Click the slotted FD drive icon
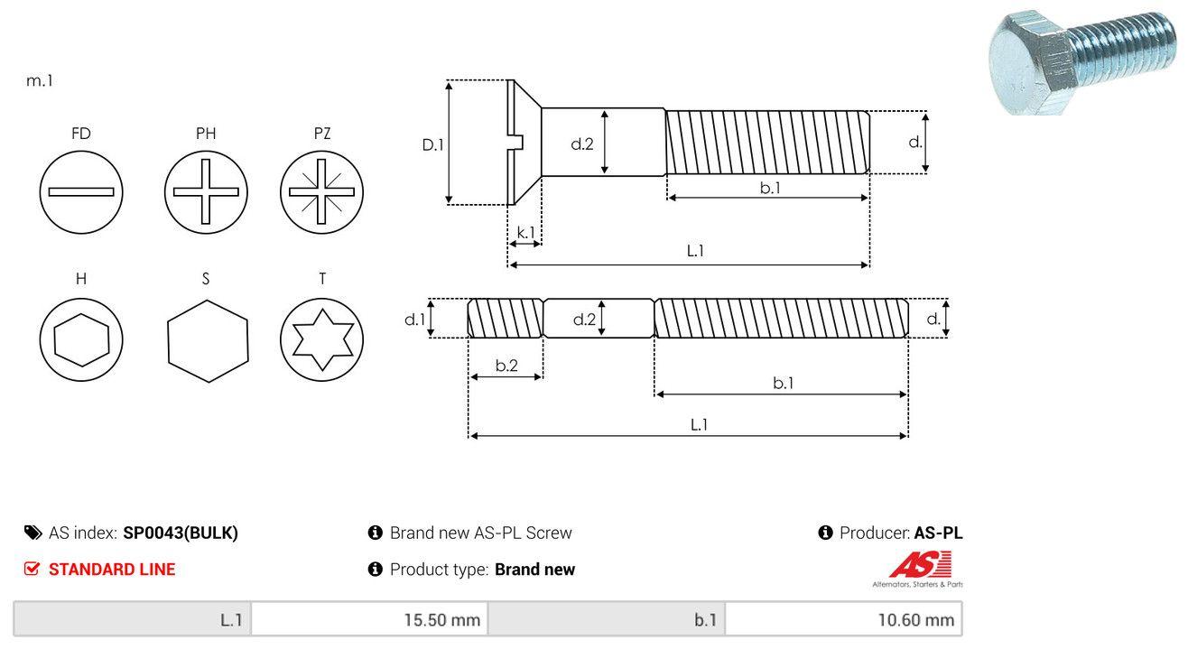coord(81,191)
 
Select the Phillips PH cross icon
coord(206,191)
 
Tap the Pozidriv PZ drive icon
coord(321,191)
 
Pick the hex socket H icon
coord(81,339)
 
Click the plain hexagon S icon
coord(207,339)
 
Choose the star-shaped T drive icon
coord(321,339)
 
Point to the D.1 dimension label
coord(433,144)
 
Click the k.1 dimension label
coord(524,232)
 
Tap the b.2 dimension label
coord(506,366)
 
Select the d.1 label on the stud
coord(414,319)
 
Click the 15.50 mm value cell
coord(369,620)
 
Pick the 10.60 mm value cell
coord(843,620)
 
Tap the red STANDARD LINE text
coord(112,570)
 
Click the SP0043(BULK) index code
coord(181,533)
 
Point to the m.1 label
coord(40,80)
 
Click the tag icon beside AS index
coord(32,533)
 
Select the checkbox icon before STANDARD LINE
coord(32,570)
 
